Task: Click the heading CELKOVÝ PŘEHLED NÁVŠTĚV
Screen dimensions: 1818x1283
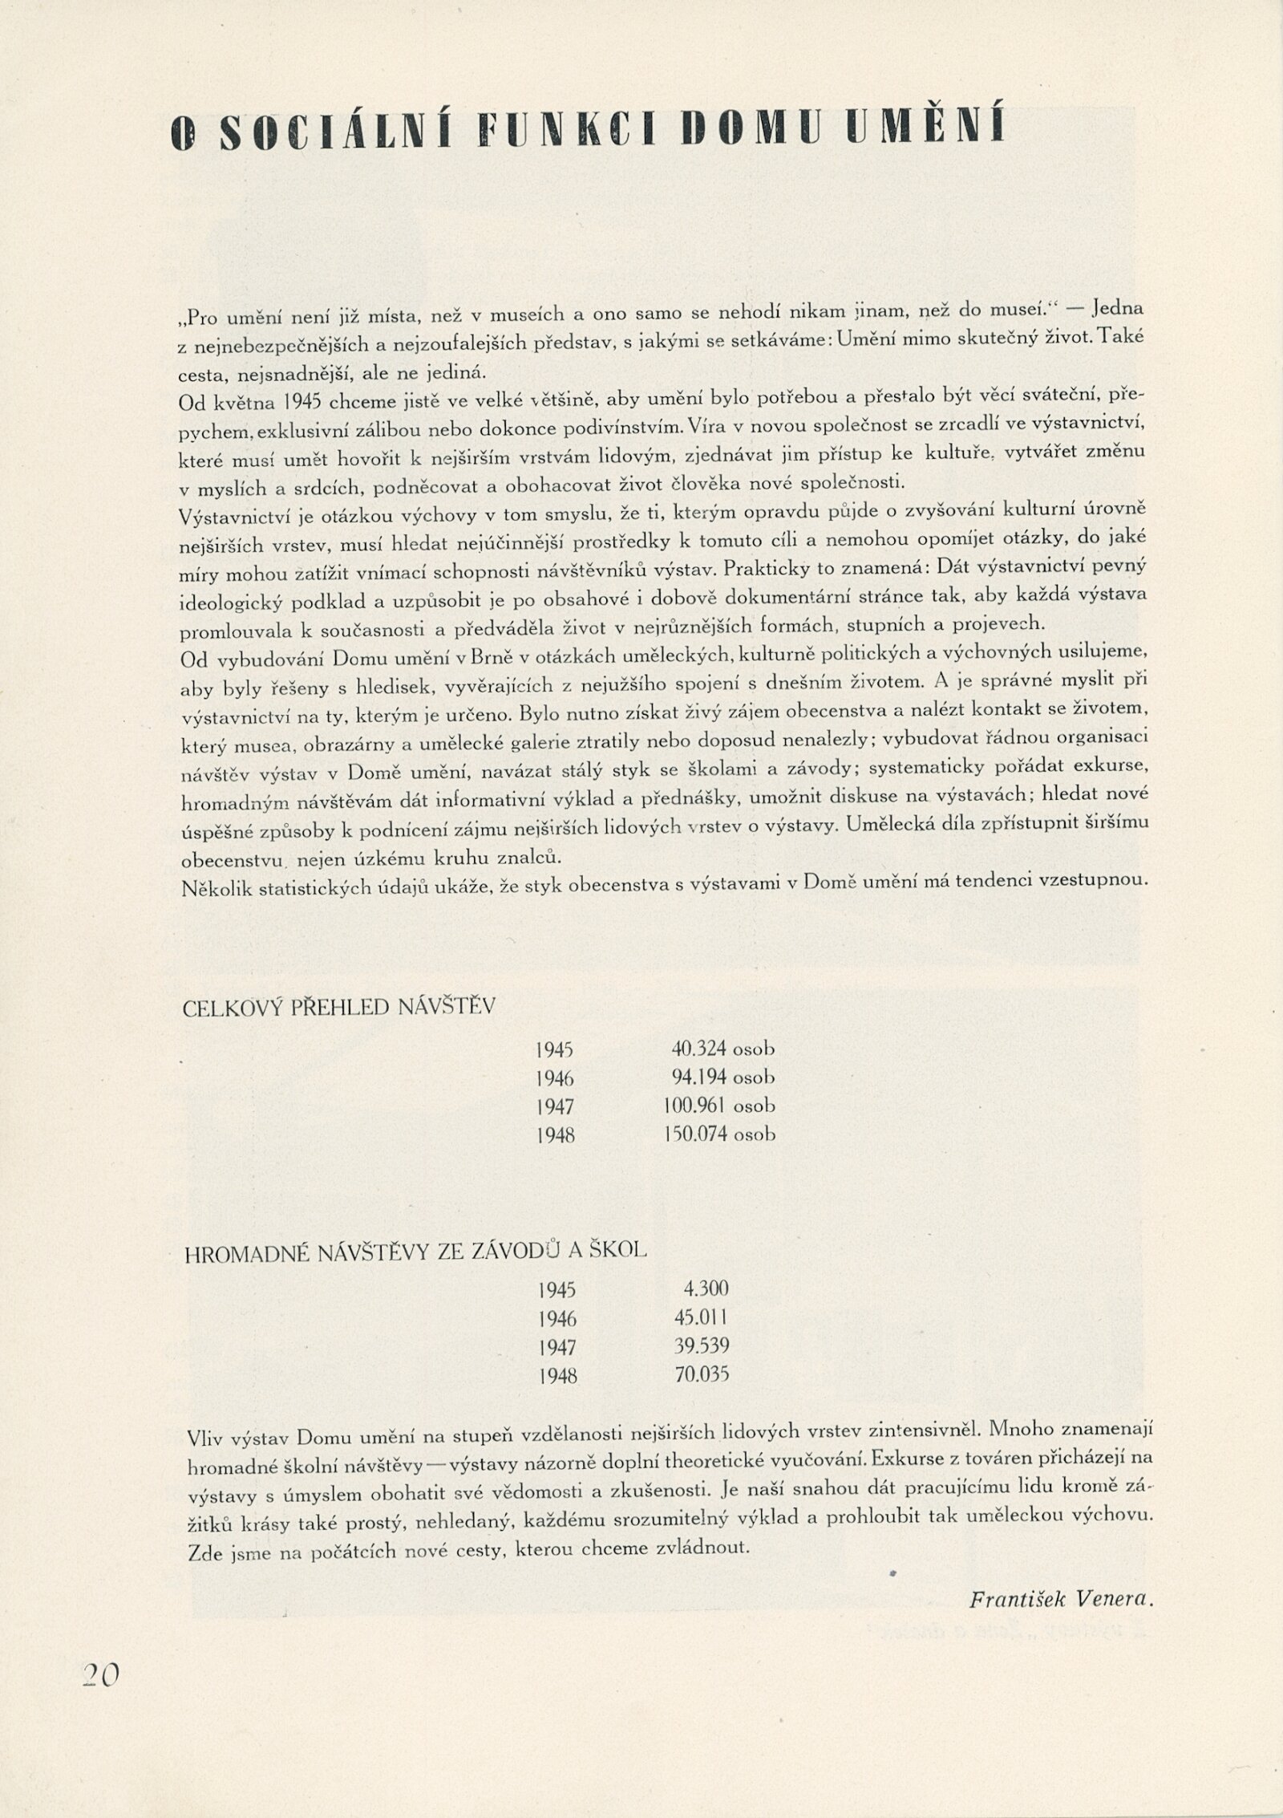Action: pyautogui.click(x=338, y=1008)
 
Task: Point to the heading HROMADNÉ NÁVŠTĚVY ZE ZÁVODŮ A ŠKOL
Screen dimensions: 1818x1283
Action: pyautogui.click(x=415, y=1252)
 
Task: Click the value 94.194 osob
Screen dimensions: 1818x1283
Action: pyautogui.click(x=723, y=1077)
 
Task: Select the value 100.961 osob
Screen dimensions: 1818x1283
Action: pyautogui.click(x=719, y=1106)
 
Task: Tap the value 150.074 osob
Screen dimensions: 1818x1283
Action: pyautogui.click(x=719, y=1134)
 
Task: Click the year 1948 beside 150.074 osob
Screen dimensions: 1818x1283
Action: pyautogui.click(x=557, y=1135)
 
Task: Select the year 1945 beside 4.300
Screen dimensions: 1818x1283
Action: pyautogui.click(x=557, y=1289)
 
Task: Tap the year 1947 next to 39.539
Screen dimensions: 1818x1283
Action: pyautogui.click(x=557, y=1347)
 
